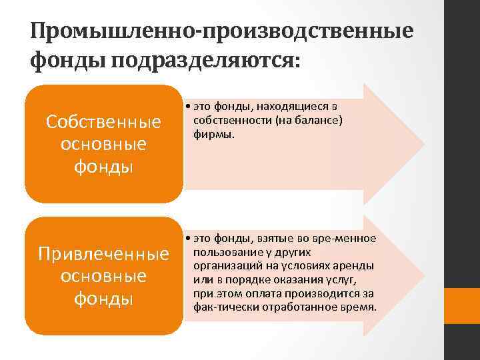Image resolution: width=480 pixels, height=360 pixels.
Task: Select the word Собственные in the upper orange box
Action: tap(103, 123)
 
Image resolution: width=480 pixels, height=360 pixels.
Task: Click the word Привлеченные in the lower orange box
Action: tap(103, 255)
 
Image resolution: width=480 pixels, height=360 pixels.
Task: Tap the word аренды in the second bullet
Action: tap(356, 265)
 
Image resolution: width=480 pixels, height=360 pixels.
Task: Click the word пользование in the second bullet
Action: tap(224, 252)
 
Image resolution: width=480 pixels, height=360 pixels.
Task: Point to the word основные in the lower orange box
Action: tap(103, 276)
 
